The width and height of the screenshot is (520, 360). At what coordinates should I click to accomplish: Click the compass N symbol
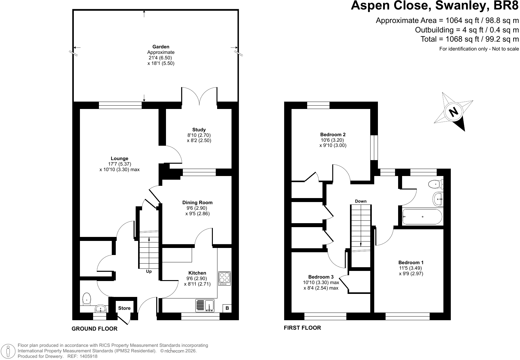tap(454, 112)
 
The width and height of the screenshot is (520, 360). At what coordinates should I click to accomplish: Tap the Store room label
tap(124, 308)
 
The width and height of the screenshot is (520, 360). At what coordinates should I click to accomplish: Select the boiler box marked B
tap(227, 308)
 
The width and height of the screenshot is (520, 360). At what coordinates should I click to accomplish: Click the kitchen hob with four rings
tap(224, 278)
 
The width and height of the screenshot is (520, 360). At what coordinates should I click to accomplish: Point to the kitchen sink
tap(205, 306)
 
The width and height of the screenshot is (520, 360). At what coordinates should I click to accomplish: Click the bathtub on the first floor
tap(422, 217)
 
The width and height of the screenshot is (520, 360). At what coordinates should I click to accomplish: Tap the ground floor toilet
tap(87, 299)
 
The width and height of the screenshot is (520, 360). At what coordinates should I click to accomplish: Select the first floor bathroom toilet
tap(436, 184)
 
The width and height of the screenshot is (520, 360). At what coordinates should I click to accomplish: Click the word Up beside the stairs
tap(149, 271)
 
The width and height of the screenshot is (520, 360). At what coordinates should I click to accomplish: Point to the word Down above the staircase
tap(360, 201)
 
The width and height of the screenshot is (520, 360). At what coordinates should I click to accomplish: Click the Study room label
tap(199, 130)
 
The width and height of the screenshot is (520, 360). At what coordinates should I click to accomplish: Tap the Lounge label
tap(119, 159)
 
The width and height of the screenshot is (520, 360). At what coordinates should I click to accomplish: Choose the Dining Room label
tap(197, 203)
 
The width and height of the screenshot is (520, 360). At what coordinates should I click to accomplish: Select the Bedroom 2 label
tap(333, 135)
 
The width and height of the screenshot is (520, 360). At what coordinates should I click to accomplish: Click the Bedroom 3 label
tap(321, 277)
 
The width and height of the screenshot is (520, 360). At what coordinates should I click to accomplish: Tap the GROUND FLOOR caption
tap(95, 329)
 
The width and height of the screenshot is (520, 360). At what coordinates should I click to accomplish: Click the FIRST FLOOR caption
tap(302, 328)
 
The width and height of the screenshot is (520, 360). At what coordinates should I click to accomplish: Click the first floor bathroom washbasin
tap(438, 199)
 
